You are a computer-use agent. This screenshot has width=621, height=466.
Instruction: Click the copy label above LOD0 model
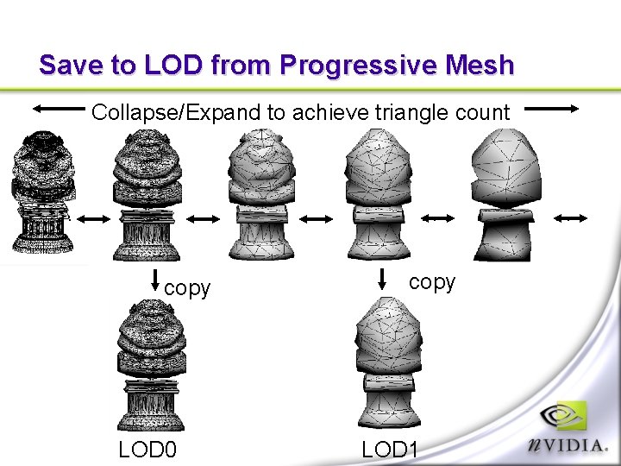click(187, 288)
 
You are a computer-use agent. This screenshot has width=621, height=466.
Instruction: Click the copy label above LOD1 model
click(431, 283)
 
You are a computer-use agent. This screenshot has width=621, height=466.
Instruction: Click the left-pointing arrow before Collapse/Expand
click(59, 109)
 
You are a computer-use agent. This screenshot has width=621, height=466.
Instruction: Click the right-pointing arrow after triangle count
click(553, 109)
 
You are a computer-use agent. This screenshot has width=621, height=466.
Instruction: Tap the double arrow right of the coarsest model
click(570, 219)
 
